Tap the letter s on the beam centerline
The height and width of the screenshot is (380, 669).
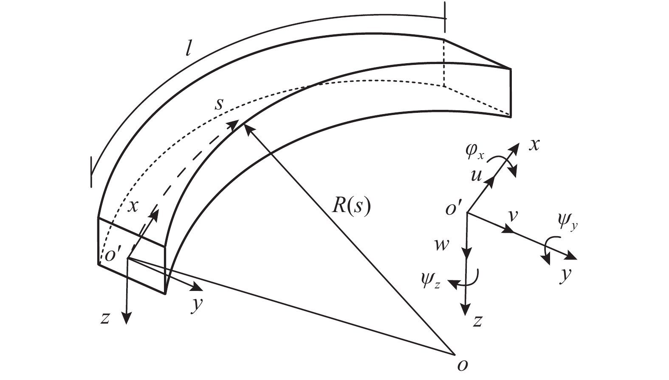(218, 104)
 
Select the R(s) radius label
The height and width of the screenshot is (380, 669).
(351, 208)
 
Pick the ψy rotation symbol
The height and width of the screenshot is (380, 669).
(568, 221)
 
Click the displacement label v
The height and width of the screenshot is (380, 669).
(513, 216)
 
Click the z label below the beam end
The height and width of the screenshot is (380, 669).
(106, 318)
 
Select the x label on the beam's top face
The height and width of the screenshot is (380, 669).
(133, 206)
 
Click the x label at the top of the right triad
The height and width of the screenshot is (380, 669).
(535, 145)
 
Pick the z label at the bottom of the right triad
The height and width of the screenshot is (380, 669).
(478, 321)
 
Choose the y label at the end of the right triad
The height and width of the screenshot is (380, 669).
(565, 276)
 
